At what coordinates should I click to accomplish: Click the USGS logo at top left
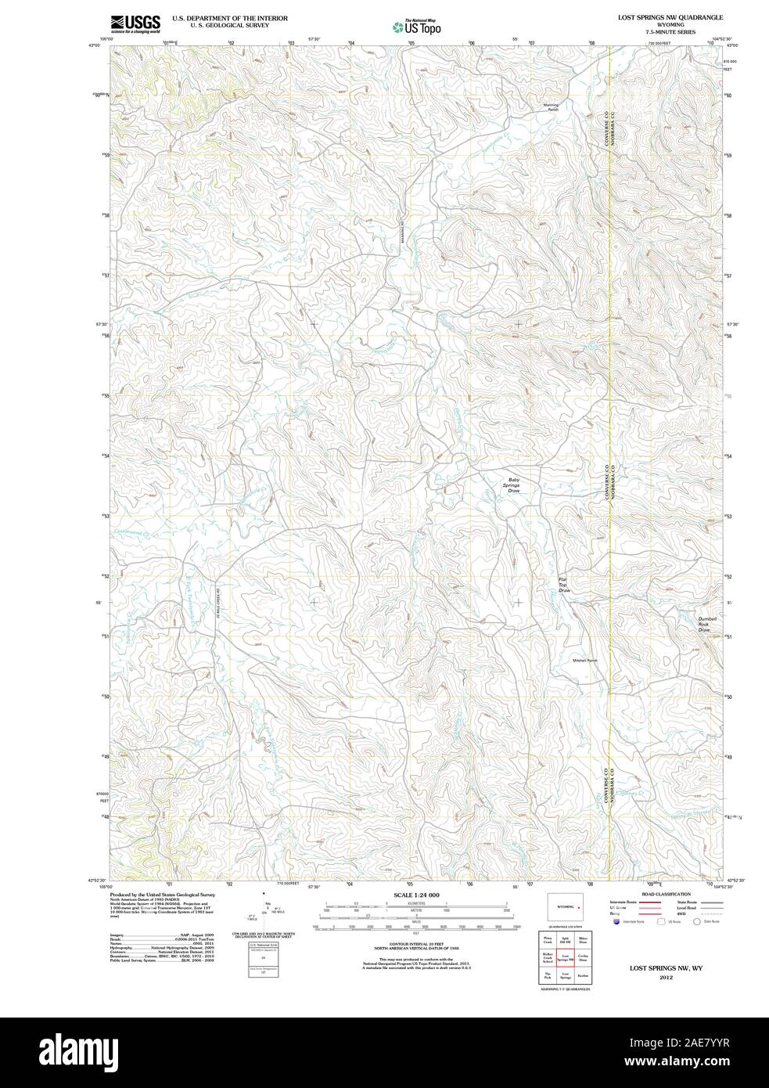click(x=135, y=23)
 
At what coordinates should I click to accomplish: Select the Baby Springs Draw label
click(x=514, y=485)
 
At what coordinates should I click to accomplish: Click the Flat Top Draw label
click(x=563, y=585)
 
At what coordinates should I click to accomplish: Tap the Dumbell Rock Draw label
click(x=707, y=624)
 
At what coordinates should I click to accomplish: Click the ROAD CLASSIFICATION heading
click(x=666, y=894)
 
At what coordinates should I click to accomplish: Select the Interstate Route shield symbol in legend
click(x=617, y=922)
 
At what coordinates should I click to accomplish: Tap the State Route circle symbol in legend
click(x=695, y=922)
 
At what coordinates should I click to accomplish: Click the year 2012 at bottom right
click(x=666, y=978)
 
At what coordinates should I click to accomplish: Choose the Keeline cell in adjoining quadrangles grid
click(x=582, y=976)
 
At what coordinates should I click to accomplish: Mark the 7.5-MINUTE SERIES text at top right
click(x=664, y=32)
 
